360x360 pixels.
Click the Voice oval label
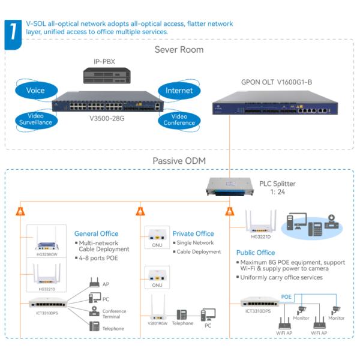35,91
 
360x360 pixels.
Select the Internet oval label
179,91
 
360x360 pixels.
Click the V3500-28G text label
107,118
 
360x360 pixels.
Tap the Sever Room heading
179,49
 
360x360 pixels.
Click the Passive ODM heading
179,161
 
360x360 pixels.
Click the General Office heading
96,233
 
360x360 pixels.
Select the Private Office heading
193,233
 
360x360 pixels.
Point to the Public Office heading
256,253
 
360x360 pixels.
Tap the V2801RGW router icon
158,308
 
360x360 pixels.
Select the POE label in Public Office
287,297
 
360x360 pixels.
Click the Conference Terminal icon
94,311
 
